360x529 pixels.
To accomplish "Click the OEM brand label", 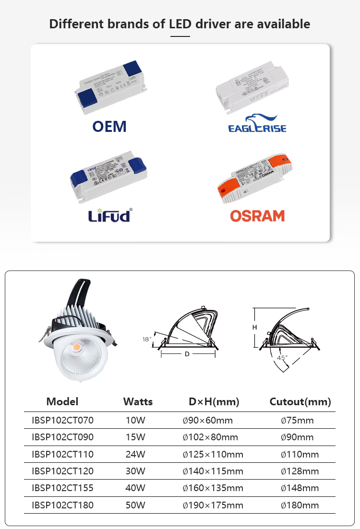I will point(109,126).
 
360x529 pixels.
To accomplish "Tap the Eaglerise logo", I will point(257,123).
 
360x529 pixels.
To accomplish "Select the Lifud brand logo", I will point(109,216).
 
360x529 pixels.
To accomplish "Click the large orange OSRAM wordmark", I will point(257,216).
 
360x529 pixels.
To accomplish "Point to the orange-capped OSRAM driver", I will point(255,178).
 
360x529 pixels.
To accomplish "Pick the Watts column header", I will point(138,402).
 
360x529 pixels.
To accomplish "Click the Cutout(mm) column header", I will point(300,402).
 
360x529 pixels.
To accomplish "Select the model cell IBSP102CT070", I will point(62,421).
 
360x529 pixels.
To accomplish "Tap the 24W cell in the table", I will point(135,454).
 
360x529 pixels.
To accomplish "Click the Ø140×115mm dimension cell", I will point(213,471).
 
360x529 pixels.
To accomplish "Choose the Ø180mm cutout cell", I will point(300,505).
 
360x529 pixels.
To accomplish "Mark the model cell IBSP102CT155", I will point(62,488).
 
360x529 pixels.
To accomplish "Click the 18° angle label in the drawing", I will point(147,339).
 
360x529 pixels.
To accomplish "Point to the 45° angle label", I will point(282,357).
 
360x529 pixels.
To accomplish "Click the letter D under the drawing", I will point(187,354).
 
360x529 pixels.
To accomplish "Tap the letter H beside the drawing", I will point(255,327).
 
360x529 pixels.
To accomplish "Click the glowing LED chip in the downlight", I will point(78,345).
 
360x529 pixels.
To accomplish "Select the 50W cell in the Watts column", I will point(135,505).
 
